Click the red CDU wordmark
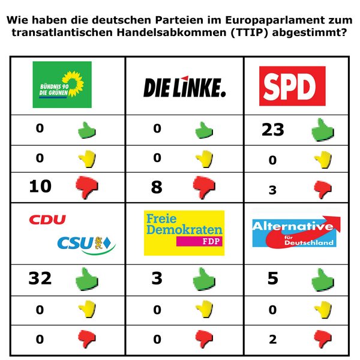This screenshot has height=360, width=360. pyautogui.click(x=47, y=220)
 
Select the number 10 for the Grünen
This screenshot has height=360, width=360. pyautogui.click(x=41, y=187)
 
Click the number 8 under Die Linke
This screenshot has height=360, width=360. pyautogui.click(x=157, y=187)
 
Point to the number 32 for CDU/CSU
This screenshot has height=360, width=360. pyautogui.click(x=40, y=278)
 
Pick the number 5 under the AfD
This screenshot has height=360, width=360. pyautogui.click(x=273, y=278)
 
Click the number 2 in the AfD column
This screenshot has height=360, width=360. pyautogui.click(x=273, y=340)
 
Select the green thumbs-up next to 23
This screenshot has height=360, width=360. pyautogui.click(x=322, y=129)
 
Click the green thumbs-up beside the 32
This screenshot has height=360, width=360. pyautogui.click(x=86, y=279)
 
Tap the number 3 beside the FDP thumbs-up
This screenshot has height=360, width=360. pyautogui.click(x=157, y=278)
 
